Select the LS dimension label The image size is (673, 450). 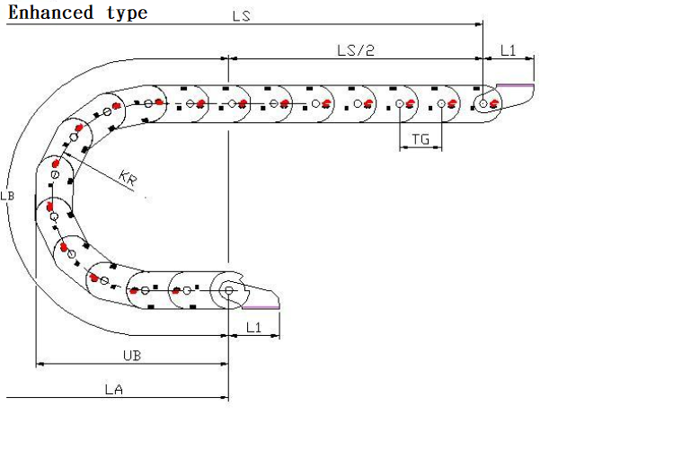coord(242,16)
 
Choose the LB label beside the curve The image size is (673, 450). coord(7,196)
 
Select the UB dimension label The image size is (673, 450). coord(131,356)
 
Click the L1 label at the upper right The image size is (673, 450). coord(508,50)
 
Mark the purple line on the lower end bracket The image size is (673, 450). coord(261,307)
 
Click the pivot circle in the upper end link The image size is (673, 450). coord(483,104)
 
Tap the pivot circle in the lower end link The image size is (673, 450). coord(229,290)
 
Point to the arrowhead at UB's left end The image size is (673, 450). coord(39,365)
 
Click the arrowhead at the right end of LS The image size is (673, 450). coord(480,24)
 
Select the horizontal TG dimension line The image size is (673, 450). coord(421,149)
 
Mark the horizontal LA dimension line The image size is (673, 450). coord(117,398)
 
